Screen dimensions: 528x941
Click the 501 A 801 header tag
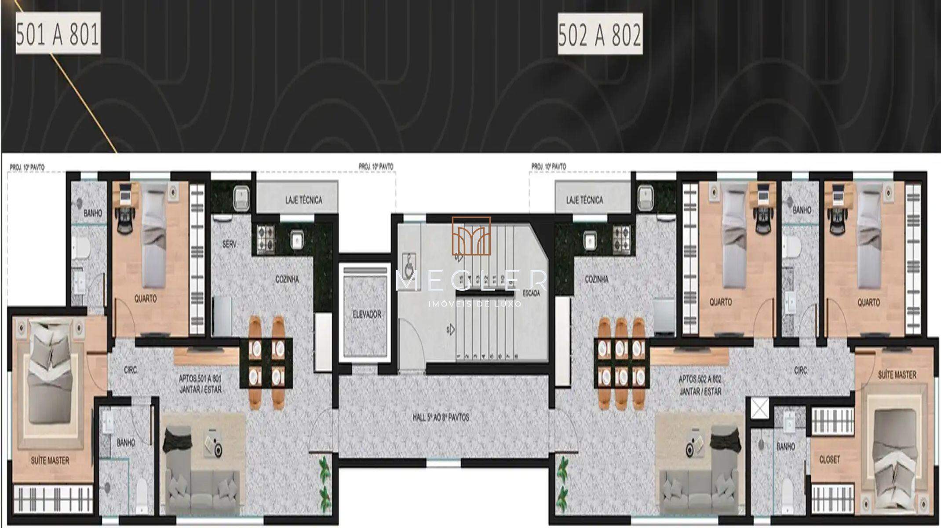58,33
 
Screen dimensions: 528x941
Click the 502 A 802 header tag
599,35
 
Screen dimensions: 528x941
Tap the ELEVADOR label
366,315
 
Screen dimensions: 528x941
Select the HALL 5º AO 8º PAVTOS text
441,417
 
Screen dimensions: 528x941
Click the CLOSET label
829,459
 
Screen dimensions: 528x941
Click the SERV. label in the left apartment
230,244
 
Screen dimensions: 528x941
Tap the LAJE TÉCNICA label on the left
303,200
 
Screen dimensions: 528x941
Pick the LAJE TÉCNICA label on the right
585,200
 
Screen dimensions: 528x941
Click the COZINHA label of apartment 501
287,279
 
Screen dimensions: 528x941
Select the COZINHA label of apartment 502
597,279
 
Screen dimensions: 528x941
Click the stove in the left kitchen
266,239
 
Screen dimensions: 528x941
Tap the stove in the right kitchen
621,239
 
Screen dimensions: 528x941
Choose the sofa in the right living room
699,484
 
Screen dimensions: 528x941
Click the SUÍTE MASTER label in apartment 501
50,461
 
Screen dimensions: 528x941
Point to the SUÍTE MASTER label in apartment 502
897,375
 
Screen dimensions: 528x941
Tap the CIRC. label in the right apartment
801,371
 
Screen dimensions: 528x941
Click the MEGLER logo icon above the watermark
471,236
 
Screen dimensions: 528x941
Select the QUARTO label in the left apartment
145,298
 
